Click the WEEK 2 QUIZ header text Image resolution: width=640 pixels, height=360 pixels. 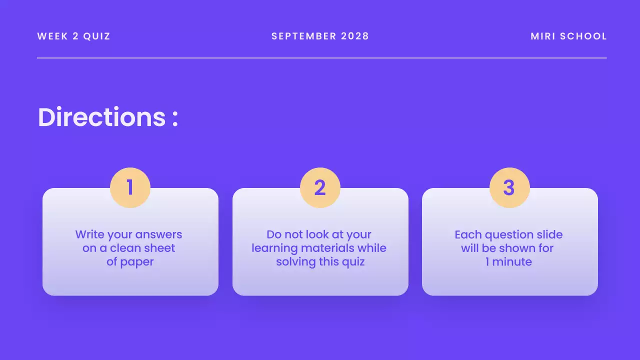coord(73,36)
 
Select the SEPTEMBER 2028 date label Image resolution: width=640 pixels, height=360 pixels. coord(320,36)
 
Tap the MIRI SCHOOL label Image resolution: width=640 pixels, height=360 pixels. coord(568,36)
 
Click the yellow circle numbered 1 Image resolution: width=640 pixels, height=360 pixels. coord(130,187)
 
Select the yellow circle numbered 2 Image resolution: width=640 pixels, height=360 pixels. coord(320,187)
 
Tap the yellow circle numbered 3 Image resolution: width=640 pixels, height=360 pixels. coord(509,187)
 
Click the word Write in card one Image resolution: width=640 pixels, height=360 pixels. coord(89,234)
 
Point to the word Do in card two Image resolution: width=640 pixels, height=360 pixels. coord(274,234)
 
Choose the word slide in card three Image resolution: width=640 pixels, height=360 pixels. coord(548,234)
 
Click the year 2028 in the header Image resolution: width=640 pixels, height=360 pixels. coord(355,36)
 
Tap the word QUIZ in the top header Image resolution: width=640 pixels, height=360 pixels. coord(96,36)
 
